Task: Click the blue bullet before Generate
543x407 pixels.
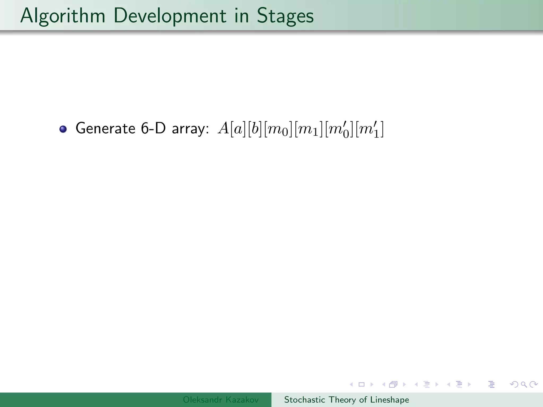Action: click(63, 129)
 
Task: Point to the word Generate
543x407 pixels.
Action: click(106, 129)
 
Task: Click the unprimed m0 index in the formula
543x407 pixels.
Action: click(278, 130)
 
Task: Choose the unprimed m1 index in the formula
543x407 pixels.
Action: click(308, 130)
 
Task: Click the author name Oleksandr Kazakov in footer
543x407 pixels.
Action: click(221, 400)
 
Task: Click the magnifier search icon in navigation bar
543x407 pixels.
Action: click(524, 384)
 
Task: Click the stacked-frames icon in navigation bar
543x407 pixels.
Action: click(393, 384)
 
